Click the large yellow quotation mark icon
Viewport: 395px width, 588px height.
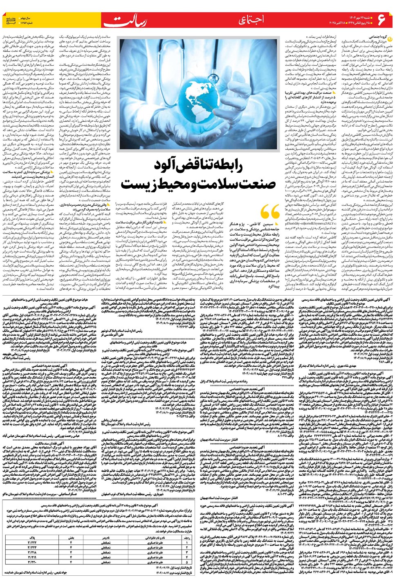[269, 213]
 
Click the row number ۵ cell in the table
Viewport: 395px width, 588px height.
[186, 562]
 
